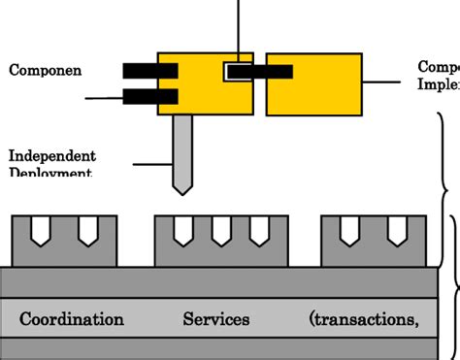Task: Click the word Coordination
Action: pyautogui.click(x=72, y=319)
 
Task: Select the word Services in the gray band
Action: pyautogui.click(x=216, y=319)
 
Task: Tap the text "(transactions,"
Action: pyautogui.click(x=364, y=319)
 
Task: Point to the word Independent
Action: pyautogui.click(x=52, y=155)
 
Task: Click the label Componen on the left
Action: pyautogui.click(x=45, y=70)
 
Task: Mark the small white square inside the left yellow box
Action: pyautogui.click(x=236, y=71)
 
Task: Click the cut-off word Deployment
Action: pyautogui.click(x=50, y=172)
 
